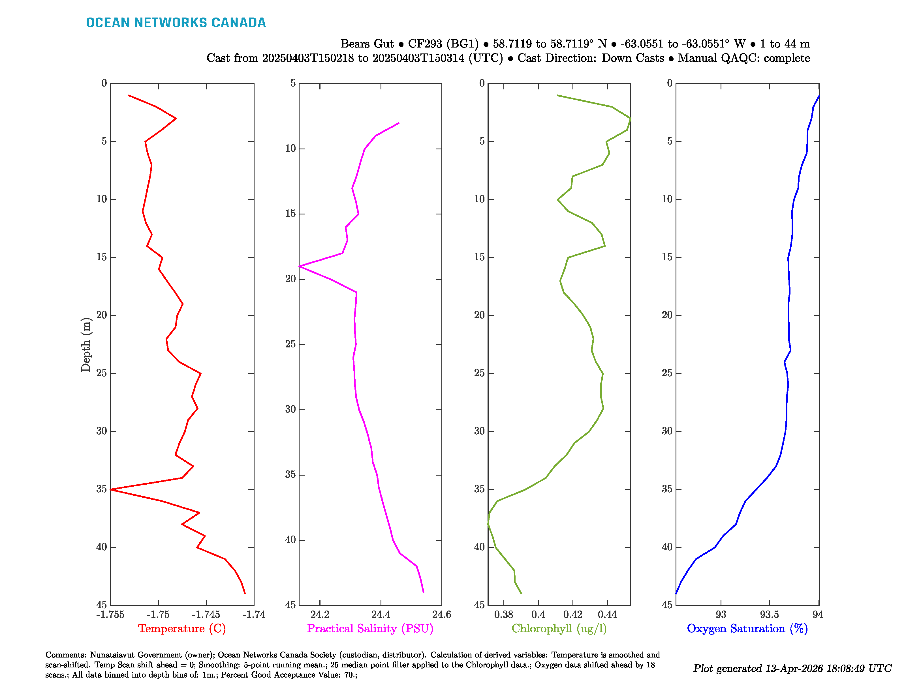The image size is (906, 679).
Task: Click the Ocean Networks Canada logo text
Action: pos(176,23)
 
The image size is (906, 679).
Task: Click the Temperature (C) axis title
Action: pos(182,628)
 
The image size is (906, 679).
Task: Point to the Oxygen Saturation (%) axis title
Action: pos(747,628)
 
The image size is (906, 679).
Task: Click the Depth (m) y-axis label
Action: pos(86,345)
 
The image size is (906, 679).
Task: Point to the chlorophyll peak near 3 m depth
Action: pos(630,119)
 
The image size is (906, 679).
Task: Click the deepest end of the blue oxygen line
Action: pos(676,593)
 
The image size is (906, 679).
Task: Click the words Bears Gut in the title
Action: pos(367,44)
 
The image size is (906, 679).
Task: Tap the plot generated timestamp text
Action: pos(792,668)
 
